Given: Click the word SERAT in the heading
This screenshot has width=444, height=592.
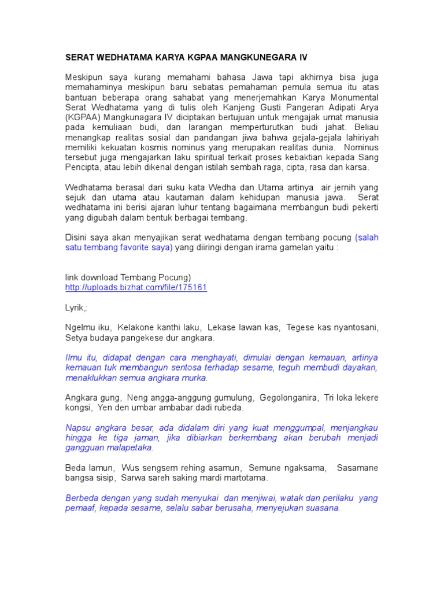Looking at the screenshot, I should [79, 58].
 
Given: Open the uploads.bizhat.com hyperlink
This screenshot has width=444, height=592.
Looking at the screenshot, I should [136, 287].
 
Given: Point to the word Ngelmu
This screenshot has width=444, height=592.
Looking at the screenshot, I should [79, 327].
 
